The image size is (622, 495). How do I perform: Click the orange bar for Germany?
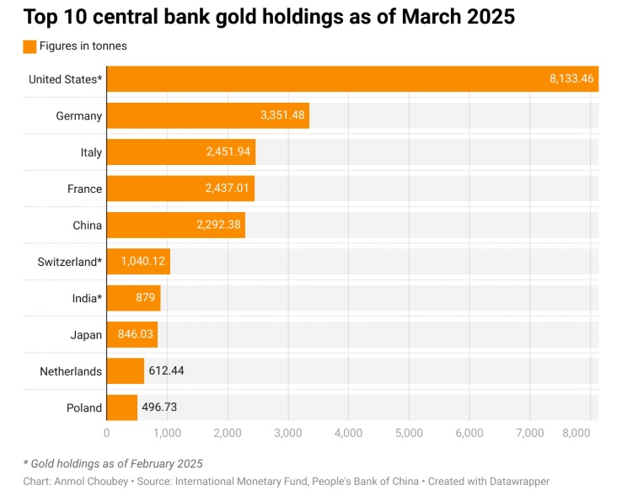[207, 115]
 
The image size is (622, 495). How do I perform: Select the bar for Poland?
[121, 407]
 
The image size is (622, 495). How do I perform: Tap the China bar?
[175, 225]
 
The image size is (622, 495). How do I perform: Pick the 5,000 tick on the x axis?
[408, 433]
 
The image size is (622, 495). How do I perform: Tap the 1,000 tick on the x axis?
[167, 433]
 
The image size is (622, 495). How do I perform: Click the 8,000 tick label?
[576, 433]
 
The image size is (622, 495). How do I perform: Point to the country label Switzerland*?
[70, 262]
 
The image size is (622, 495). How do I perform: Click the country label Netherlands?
[71, 371]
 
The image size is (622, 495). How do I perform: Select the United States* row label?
[65, 79]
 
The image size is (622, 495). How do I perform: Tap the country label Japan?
[86, 335]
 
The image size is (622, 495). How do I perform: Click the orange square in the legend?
[29, 47]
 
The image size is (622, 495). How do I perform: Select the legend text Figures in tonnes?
[83, 46]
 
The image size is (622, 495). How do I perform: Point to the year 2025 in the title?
[491, 17]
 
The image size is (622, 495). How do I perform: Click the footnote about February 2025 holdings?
[113, 463]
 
